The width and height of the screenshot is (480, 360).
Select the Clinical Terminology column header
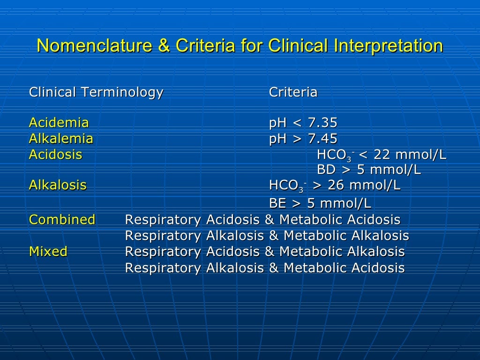coord(96,92)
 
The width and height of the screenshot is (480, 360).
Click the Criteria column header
coord(293,92)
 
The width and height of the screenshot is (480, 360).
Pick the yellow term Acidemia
coord(59,123)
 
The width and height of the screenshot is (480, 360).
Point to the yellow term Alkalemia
coord(61,139)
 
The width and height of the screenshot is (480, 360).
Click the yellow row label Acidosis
coord(55,155)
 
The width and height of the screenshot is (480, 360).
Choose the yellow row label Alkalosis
coord(58,185)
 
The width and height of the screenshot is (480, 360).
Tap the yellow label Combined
coord(62,219)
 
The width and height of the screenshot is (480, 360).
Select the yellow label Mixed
coord(48,252)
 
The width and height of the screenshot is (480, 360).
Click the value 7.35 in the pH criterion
coord(322,123)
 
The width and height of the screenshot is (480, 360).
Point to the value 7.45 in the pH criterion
coord(322,139)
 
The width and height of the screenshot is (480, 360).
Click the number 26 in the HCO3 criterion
coord(336,185)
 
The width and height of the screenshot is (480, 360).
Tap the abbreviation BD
coord(326,170)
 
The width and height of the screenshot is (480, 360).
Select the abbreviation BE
coord(277,203)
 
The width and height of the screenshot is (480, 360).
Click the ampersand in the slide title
coord(167,46)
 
